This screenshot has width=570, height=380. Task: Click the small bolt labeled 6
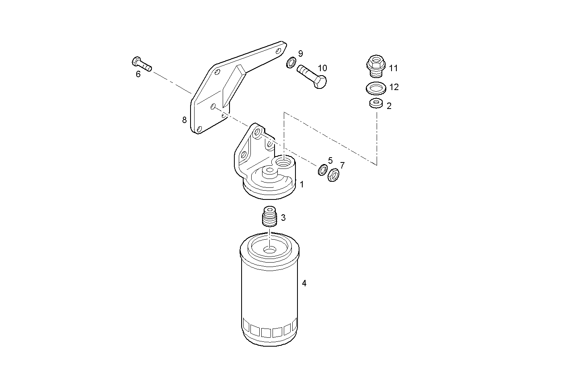click(141, 64)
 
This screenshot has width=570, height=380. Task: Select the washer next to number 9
click(291, 63)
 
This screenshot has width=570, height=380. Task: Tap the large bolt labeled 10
click(312, 77)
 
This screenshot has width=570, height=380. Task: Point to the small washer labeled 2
click(375, 103)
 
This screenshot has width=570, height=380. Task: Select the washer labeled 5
click(322, 170)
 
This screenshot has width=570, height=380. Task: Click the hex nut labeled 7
click(332, 175)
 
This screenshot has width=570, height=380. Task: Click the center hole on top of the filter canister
click(270, 250)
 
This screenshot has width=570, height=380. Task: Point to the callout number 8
click(185, 120)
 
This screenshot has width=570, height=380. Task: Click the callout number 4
click(304, 283)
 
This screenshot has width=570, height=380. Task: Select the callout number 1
click(301, 185)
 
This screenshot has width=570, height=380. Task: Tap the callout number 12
click(394, 87)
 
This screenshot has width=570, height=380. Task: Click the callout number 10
click(322, 68)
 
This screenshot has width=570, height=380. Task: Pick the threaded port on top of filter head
click(283, 162)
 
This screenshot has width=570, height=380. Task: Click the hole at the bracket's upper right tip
click(278, 51)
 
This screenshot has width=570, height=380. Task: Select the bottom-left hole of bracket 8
click(199, 129)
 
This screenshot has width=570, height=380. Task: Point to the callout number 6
click(138, 74)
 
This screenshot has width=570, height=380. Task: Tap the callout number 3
click(283, 218)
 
